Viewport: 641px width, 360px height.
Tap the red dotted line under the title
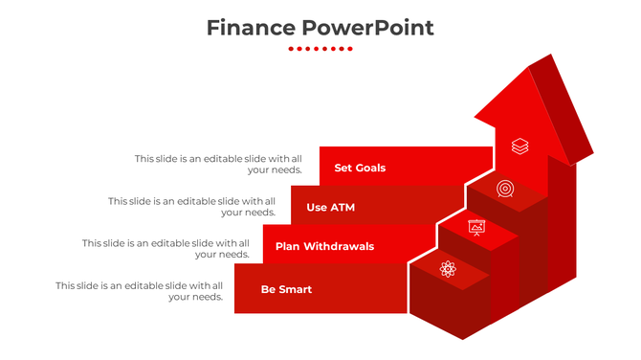tap(320, 49)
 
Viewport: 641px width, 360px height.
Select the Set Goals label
tap(360, 168)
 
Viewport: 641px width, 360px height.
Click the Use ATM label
tap(330, 207)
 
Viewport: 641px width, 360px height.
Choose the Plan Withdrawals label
tap(324, 246)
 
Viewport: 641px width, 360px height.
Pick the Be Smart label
tap(286, 289)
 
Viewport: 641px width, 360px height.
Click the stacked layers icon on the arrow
tap(519, 146)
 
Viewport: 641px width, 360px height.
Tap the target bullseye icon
tap(505, 189)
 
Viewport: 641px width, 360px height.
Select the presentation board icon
tap(476, 227)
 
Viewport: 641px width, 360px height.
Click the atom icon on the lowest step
tap(448, 269)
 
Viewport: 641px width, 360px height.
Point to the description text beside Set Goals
tap(218, 164)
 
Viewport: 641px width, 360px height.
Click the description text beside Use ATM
tap(191, 206)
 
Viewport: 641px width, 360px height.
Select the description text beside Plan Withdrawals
tap(166, 248)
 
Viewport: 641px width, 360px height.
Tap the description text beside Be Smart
tap(139, 291)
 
